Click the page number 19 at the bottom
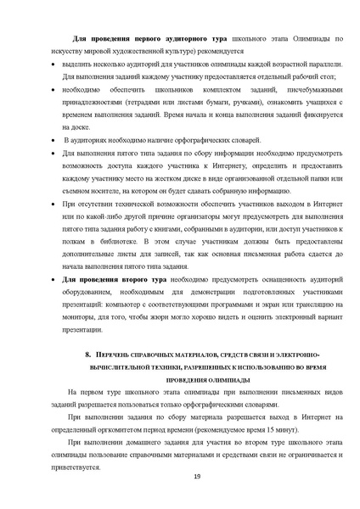click(197, 480)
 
